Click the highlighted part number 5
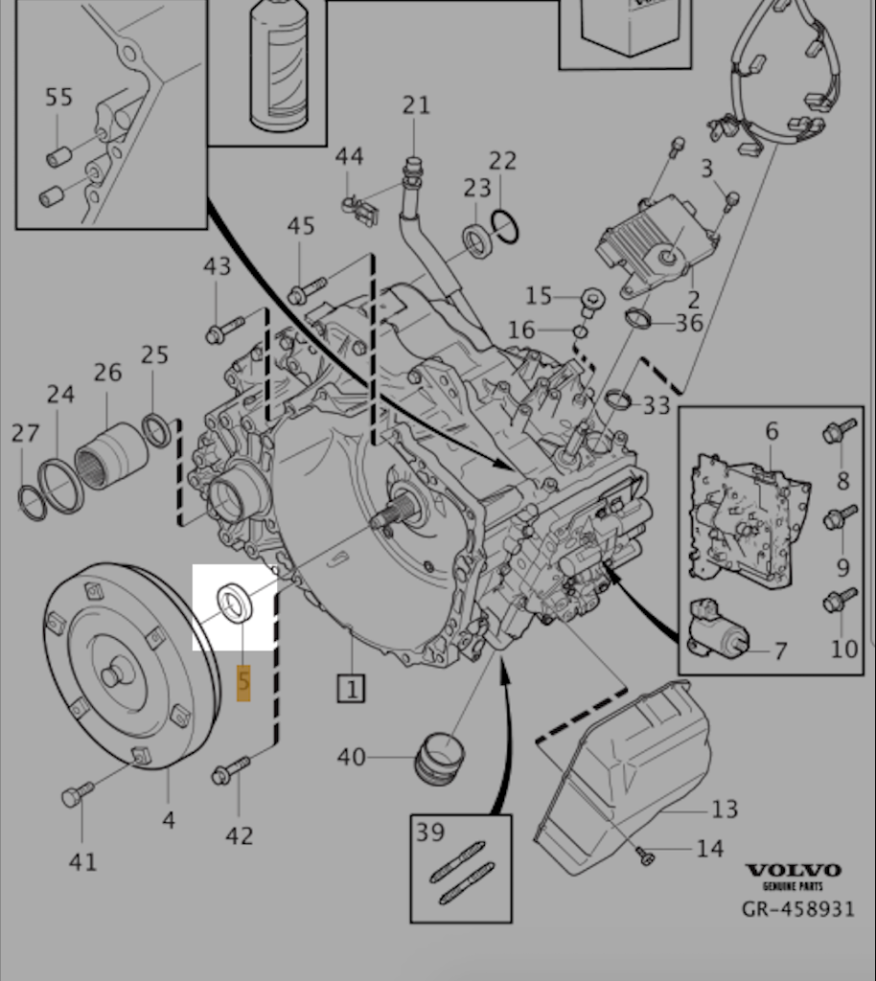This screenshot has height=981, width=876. [243, 681]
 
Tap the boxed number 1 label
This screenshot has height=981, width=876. [352, 688]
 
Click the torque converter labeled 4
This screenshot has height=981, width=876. [129, 665]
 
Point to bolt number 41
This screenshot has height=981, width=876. [78, 793]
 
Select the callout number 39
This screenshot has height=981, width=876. [430, 832]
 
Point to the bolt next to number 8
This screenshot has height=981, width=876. [838, 433]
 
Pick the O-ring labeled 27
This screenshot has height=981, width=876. [33, 502]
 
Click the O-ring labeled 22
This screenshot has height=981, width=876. [505, 226]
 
